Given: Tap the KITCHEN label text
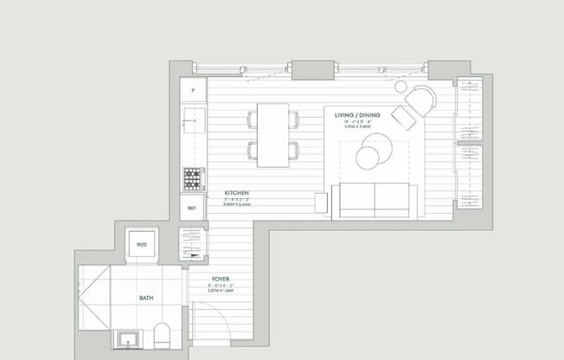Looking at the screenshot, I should [x=237, y=192].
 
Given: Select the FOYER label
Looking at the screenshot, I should [x=221, y=279].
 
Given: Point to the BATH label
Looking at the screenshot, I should [x=146, y=298].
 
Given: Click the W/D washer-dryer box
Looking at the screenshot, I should [x=142, y=245].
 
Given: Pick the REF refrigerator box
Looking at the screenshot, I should [x=191, y=208].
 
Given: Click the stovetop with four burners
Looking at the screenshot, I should [x=192, y=178].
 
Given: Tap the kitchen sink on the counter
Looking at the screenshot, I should [x=192, y=119].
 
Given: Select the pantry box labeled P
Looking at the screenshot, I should [x=193, y=89].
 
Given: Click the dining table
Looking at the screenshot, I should [x=273, y=135].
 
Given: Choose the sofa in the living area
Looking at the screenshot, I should [x=374, y=201].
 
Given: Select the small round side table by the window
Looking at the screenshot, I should [x=401, y=87].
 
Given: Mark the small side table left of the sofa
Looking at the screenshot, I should [x=321, y=202].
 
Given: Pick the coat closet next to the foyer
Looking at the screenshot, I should [x=191, y=244].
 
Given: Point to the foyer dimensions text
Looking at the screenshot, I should [x=221, y=289].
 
